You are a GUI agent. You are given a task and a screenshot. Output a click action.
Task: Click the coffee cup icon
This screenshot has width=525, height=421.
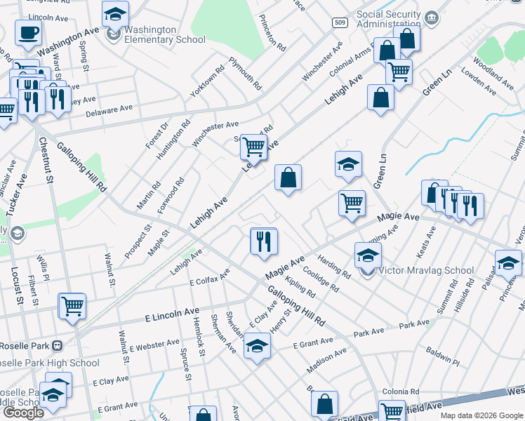(28, 32)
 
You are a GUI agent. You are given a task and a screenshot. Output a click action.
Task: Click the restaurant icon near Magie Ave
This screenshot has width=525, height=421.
(264, 241)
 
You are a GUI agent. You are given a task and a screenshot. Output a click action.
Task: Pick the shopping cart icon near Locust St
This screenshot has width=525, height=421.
(72, 306)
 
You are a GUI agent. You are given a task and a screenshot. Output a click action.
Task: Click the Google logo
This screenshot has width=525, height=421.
(23, 413)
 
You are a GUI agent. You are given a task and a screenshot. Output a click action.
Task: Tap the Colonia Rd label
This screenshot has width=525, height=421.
(400, 392)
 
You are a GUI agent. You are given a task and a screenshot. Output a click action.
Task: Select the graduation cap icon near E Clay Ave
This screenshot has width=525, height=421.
(257, 346)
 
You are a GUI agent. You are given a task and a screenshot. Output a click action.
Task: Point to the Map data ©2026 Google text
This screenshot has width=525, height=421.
(481, 415)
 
